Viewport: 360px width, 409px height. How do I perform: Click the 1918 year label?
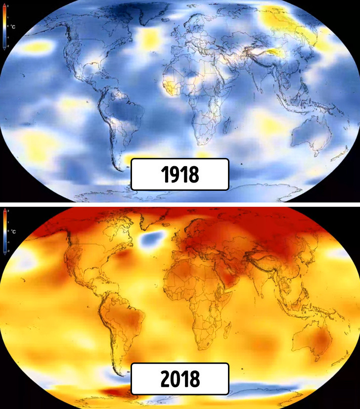[x=180, y=174]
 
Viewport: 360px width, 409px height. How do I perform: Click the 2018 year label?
[x=180, y=379]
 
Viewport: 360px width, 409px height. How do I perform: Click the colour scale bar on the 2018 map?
[x=4, y=231]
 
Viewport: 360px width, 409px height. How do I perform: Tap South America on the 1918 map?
[x=124, y=119]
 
